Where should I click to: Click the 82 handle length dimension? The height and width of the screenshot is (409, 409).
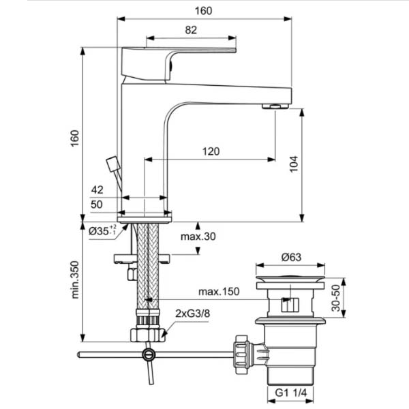pyautogui.click(x=191, y=30)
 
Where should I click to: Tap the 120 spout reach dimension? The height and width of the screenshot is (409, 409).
pyautogui.click(x=211, y=151)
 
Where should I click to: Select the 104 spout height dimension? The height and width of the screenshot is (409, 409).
pyautogui.click(x=294, y=164)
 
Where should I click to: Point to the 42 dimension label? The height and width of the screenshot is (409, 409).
pyautogui.click(x=97, y=190)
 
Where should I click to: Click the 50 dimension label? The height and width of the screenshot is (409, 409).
pyautogui.click(x=97, y=204)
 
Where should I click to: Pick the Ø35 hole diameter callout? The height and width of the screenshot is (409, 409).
pyautogui.click(x=102, y=230)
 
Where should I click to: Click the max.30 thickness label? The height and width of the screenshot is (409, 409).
pyautogui.click(x=198, y=237)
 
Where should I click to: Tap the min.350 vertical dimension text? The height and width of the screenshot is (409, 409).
pyautogui.click(x=75, y=279)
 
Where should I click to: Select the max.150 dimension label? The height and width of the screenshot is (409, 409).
pyautogui.click(x=219, y=291)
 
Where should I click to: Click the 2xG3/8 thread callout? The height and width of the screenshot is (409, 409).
pyautogui.click(x=192, y=314)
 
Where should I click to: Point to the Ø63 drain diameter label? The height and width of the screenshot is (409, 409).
pyautogui.click(x=291, y=258)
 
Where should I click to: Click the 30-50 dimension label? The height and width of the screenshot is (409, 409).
pyautogui.click(x=336, y=298)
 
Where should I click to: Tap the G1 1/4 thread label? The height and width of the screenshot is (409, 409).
pyautogui.click(x=291, y=393)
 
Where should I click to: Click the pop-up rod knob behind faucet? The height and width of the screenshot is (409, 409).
pyautogui.click(x=113, y=164)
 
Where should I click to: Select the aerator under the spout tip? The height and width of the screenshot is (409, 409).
pyautogui.click(x=275, y=106)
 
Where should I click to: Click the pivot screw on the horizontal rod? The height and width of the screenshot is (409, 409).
pyautogui.click(x=149, y=354)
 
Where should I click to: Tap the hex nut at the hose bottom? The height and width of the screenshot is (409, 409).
pyautogui.click(x=148, y=335)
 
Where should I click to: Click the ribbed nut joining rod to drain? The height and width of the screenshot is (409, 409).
pyautogui.click(x=242, y=354)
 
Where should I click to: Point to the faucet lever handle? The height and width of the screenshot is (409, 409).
pyautogui.click(x=179, y=63)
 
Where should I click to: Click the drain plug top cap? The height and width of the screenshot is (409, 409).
pyautogui.click(x=290, y=279)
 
